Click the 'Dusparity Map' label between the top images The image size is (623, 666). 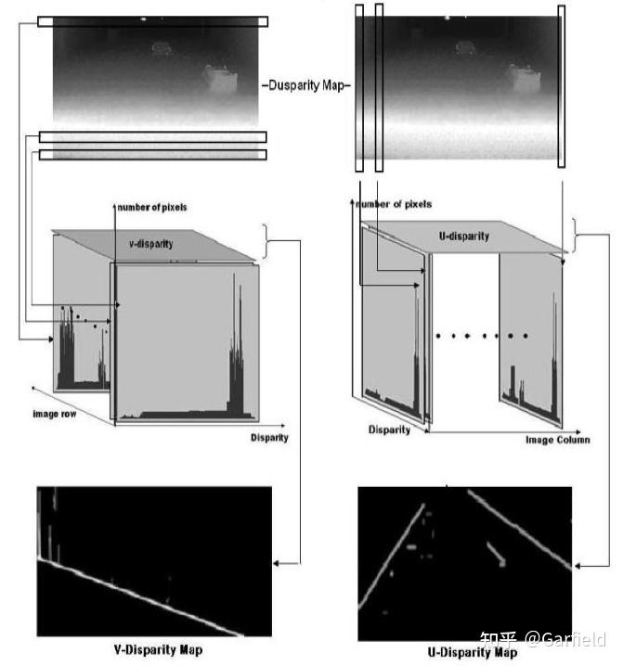tap(306, 85)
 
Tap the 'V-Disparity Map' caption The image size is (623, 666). tap(158, 650)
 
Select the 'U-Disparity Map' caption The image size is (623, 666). tap(473, 652)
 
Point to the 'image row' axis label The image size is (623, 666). tap(55, 414)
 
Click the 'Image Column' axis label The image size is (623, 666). tap(557, 440)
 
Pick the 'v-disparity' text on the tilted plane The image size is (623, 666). tap(151, 244)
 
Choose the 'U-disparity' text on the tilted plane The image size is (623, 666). tap(464, 237)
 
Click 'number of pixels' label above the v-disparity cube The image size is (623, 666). tap(152, 207)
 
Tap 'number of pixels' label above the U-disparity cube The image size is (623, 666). tap(394, 204)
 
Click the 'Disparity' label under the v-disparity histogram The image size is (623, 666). tap(269, 438)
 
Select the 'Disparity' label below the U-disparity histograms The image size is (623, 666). tap(389, 429)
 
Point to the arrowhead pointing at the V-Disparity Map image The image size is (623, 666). tap(277, 564)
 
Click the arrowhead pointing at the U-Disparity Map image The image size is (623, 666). tap(578, 566)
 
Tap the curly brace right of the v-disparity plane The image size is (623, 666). tap(266, 241)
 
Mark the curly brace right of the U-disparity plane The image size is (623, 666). tap(575, 235)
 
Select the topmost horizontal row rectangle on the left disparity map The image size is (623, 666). tap(152, 21)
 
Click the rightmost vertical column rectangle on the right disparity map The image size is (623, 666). tap(562, 86)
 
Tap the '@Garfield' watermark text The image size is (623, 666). tap(565, 639)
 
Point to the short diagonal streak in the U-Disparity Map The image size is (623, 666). tap(496, 554)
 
